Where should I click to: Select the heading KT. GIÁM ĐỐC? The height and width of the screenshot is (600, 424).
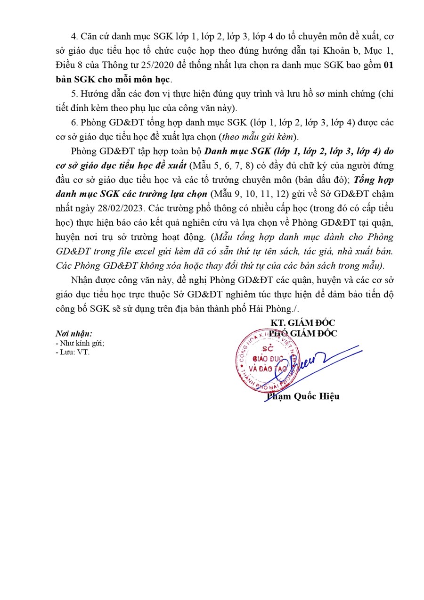tap(302, 323)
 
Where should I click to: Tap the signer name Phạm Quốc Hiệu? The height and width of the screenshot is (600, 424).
tap(302, 396)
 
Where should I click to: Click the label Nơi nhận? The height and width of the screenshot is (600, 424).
tap(74, 334)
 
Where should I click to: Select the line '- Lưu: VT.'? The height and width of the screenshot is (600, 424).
tap(72, 352)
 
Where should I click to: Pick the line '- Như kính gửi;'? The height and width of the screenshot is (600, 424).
tap(80, 343)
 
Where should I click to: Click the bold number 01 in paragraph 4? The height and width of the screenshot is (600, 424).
tap(388, 66)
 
